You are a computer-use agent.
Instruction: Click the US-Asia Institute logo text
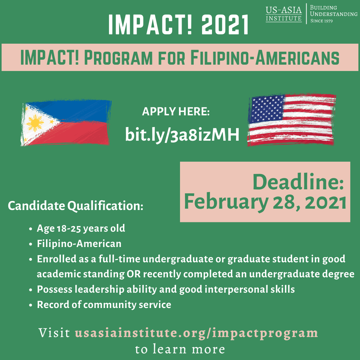[x=284, y=14]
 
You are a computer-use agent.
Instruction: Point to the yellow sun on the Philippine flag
[x=35, y=123]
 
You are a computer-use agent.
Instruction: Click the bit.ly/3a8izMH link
[x=182, y=135]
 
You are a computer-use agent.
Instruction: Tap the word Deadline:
[x=298, y=182]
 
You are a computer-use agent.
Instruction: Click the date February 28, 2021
[x=265, y=202]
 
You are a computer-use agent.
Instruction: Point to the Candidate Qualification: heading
[x=75, y=206]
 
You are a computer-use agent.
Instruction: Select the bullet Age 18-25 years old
[x=81, y=229]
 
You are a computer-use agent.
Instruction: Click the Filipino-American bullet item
[x=79, y=244]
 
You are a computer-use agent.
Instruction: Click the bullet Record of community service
[x=104, y=304]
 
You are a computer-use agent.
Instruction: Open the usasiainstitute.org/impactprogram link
[x=196, y=333]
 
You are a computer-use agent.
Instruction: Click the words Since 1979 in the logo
[x=322, y=21]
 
